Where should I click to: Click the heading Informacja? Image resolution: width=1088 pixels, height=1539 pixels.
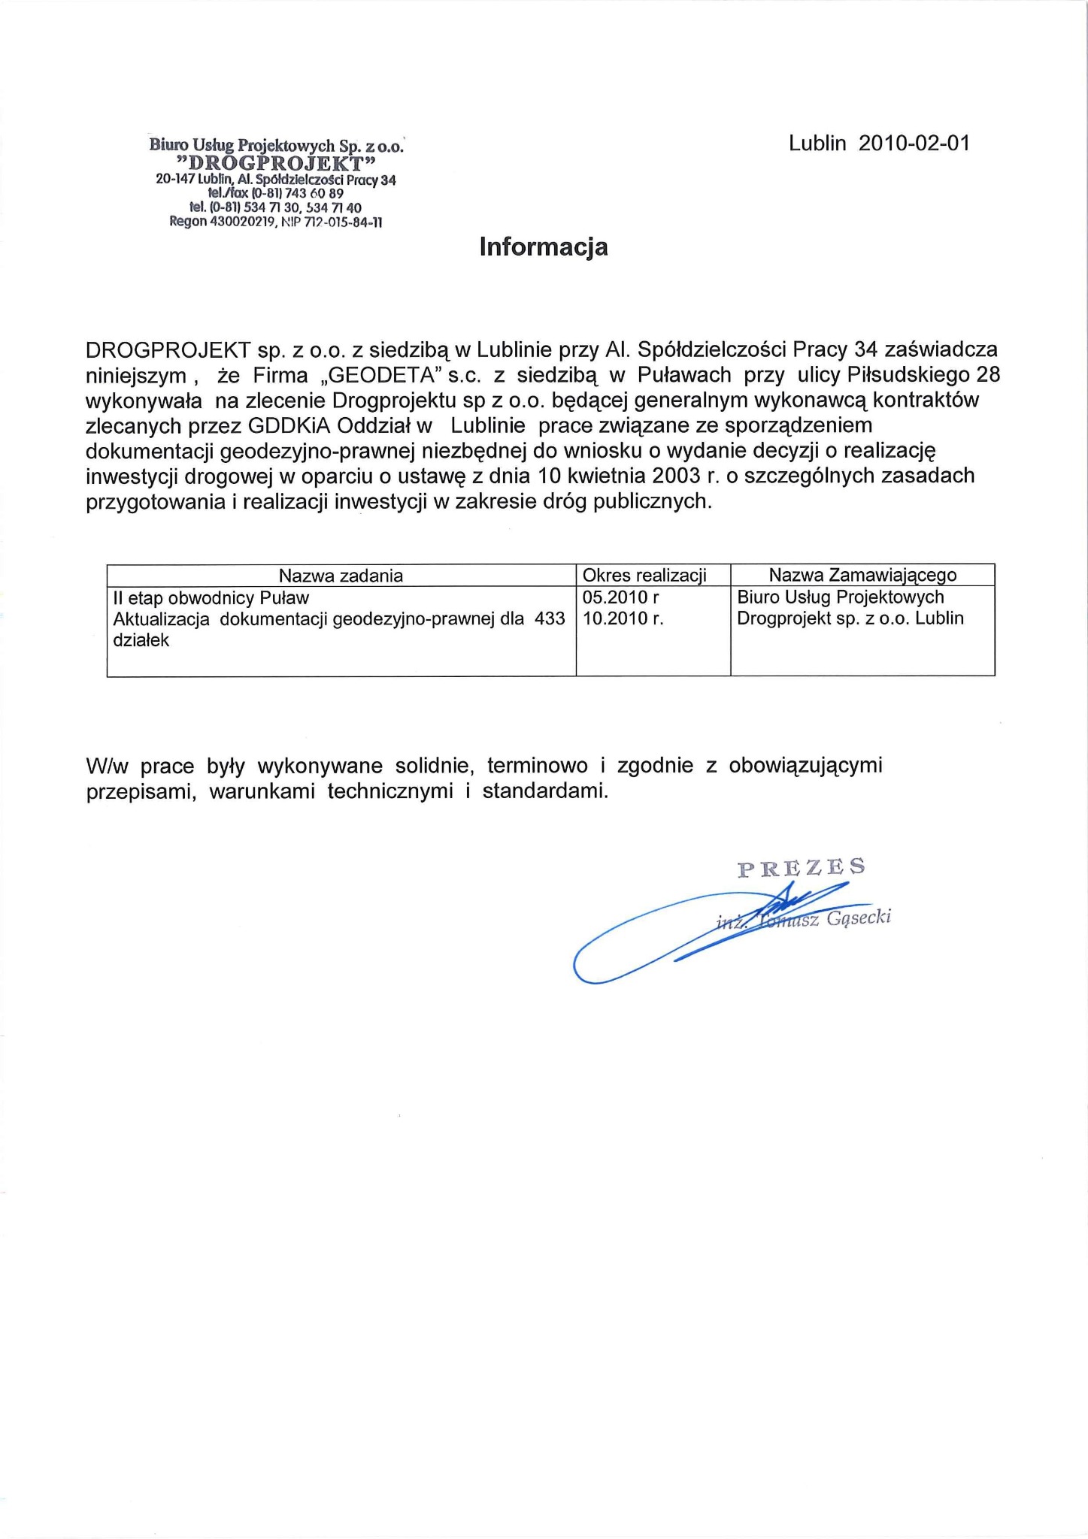pyautogui.click(x=543, y=246)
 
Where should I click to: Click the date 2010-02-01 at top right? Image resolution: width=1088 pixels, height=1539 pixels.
pyautogui.click(x=914, y=144)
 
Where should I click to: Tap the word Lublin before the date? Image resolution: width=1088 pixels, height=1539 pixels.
pyautogui.click(x=817, y=144)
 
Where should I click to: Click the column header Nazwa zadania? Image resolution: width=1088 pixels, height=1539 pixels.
pyautogui.click(x=341, y=576)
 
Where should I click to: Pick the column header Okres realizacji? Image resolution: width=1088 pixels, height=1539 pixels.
pyautogui.click(x=644, y=576)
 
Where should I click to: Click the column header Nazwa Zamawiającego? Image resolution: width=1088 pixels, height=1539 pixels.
pyautogui.click(x=862, y=576)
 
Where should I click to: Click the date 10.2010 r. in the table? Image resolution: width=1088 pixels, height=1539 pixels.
pyautogui.click(x=623, y=618)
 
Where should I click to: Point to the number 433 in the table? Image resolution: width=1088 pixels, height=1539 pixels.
pyautogui.click(x=549, y=618)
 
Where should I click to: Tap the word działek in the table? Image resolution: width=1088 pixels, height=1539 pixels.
pyautogui.click(x=141, y=640)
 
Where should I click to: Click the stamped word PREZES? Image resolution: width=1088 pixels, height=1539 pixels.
pyautogui.click(x=801, y=868)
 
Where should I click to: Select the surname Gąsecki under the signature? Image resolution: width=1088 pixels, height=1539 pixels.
pyautogui.click(x=858, y=918)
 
